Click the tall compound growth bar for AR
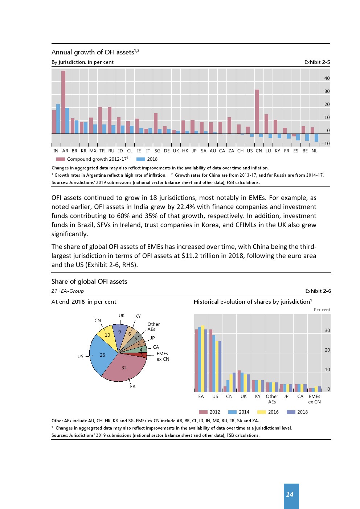click(x=63, y=102)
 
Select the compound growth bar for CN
click(x=257, y=111)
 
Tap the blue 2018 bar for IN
click(x=58, y=119)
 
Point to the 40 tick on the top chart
click(x=327, y=78)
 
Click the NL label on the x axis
click(x=314, y=151)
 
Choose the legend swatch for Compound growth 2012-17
click(x=61, y=159)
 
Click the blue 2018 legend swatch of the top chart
click(x=141, y=159)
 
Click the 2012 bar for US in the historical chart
click(x=211, y=361)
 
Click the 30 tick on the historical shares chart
click(x=327, y=331)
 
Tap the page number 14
click(x=290, y=494)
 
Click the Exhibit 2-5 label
click(x=317, y=62)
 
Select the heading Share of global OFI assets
click(x=89, y=282)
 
